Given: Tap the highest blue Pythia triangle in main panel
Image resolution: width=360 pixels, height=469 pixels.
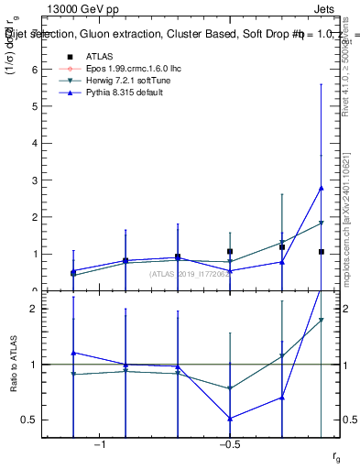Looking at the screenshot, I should pyautogui.click(x=321, y=188).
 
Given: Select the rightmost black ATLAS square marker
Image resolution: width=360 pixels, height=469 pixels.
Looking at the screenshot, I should pyautogui.click(x=321, y=251).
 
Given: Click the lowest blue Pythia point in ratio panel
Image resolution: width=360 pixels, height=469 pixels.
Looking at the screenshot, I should pyautogui.click(x=230, y=419).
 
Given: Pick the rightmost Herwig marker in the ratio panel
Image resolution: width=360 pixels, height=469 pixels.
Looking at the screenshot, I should pyautogui.click(x=321, y=320).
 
